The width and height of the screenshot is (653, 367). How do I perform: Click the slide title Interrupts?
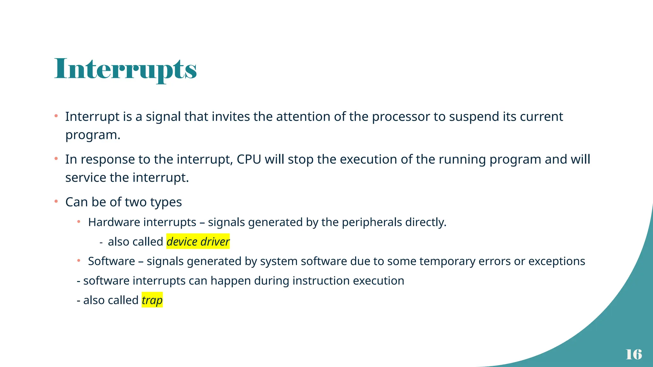[125, 69]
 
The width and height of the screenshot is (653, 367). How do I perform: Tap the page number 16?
[634, 354]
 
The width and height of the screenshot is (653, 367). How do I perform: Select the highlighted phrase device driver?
[198, 242]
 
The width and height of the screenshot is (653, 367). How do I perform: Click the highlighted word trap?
[152, 300]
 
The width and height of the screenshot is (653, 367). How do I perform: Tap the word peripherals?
[372, 222]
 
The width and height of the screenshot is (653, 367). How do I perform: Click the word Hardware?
[110, 222]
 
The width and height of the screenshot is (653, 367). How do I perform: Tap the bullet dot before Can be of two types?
[56, 201]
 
